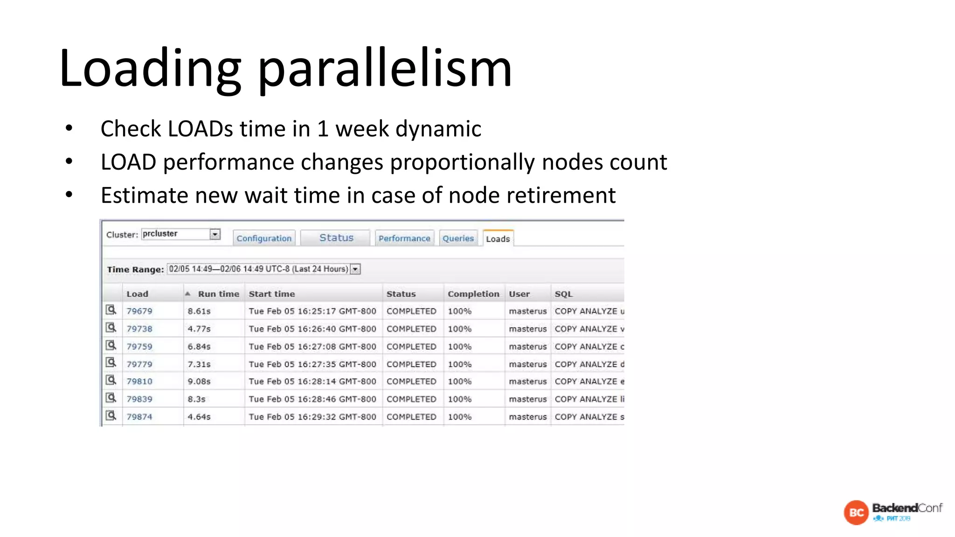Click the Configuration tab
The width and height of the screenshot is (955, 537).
[264, 238]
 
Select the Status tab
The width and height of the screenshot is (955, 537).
[336, 238]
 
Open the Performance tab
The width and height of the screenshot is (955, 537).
[404, 238]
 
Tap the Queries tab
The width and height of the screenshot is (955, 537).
[458, 238]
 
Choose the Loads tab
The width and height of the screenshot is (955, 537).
[498, 239]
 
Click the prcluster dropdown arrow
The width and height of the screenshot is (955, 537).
[215, 234]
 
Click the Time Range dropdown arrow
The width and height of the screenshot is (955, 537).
[355, 269]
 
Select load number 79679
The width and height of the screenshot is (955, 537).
[139, 311]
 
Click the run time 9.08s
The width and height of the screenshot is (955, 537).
[199, 381]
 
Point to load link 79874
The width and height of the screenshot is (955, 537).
[139, 417]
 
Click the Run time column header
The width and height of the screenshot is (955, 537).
[218, 294]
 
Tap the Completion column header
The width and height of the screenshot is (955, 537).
[473, 294]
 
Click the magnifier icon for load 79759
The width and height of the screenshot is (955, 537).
[111, 345]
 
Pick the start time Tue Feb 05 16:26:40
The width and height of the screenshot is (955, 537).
[312, 329]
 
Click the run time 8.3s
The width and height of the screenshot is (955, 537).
[196, 399]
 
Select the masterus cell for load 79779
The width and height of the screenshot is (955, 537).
[527, 364]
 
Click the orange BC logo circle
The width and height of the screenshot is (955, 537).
[856, 512]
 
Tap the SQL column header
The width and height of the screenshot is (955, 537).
[563, 294]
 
